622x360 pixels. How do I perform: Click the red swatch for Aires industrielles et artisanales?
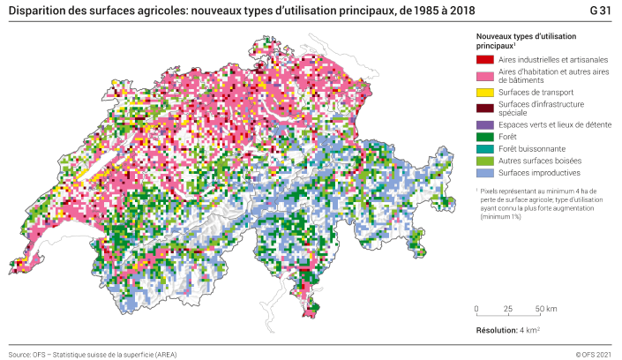pos(483,60)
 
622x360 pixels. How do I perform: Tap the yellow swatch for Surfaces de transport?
pos(483,92)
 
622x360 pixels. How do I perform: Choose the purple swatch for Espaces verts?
pos(483,124)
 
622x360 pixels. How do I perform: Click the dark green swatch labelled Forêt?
pos(483,137)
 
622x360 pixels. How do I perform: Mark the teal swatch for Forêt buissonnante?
pos(483,149)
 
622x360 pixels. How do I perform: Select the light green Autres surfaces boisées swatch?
pos(483,161)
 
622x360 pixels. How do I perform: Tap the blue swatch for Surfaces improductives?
pos(483,174)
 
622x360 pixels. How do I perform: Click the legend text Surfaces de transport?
pos(536,92)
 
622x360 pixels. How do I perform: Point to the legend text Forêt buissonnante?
pos(532,149)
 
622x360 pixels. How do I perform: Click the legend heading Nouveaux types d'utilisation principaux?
pos(526,40)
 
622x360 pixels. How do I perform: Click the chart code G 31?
pos(600,9)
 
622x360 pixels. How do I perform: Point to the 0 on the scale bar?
pos(476,309)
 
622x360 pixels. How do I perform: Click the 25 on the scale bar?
pos(507,309)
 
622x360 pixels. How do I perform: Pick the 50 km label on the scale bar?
pos(546,309)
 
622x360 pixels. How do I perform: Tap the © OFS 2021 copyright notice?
pos(593,354)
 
